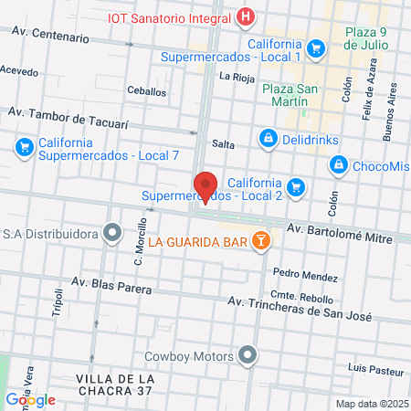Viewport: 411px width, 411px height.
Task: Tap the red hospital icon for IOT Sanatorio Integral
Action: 246,16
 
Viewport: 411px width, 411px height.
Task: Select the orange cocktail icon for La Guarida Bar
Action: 261,241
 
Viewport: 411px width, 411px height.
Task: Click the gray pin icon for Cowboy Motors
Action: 248,355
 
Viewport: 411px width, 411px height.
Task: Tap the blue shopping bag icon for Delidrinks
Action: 268,138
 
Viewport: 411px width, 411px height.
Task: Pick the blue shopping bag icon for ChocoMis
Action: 338,164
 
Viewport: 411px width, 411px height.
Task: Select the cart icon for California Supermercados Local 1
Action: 316,48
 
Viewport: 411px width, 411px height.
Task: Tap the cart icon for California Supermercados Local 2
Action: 295,188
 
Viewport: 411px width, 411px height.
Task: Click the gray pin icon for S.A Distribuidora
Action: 112,234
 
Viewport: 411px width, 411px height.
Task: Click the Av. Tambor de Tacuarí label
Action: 68,120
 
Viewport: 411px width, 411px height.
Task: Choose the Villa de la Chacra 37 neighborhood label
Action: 114,385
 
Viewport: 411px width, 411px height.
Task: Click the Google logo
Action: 30,399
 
